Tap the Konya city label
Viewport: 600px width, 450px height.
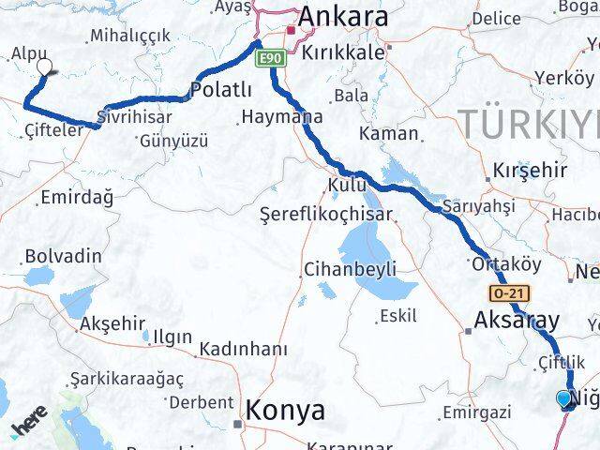[x=286, y=410]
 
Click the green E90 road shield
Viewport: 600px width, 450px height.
[x=270, y=58]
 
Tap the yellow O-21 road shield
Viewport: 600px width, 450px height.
[x=504, y=293]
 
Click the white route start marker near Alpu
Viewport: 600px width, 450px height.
[x=44, y=67]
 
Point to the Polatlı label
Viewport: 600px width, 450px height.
[x=221, y=90]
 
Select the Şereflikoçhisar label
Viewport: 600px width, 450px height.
[x=325, y=214]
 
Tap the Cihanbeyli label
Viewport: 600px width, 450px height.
[x=350, y=269]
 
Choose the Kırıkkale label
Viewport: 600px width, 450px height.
[x=344, y=52]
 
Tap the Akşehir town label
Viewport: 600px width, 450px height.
[x=113, y=323]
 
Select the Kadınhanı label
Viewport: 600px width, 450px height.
[x=242, y=349]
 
